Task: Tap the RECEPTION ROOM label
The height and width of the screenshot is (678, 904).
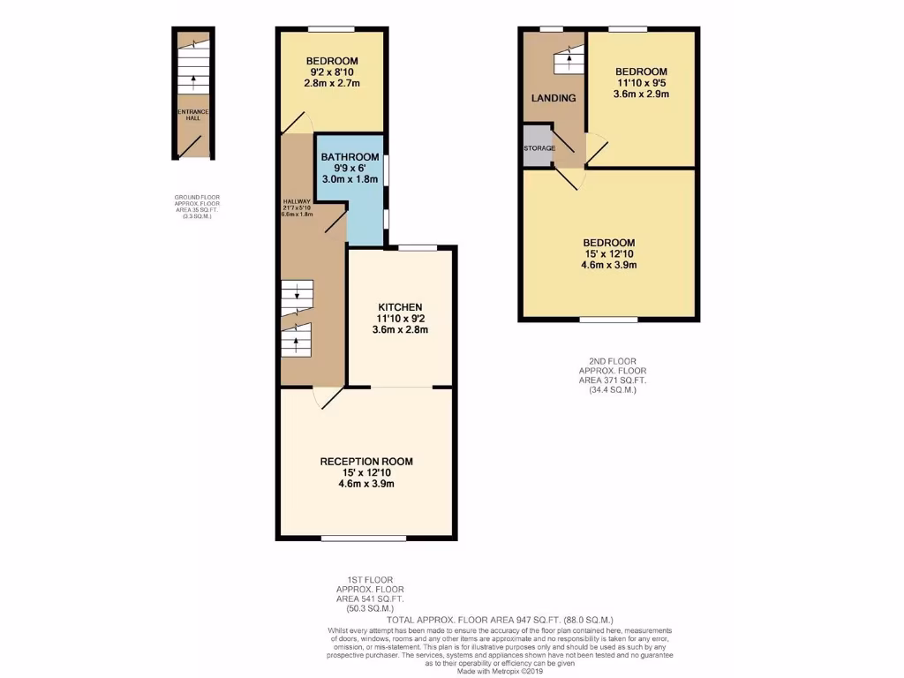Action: coord(365,461)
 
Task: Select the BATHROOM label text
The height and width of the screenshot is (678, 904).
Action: coord(350,156)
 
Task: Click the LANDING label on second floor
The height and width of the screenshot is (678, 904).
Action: coord(554,98)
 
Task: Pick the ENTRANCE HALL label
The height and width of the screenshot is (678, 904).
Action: coord(192,115)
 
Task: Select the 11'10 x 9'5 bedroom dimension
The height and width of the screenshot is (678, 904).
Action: coord(641,83)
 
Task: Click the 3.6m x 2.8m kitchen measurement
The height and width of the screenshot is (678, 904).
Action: coord(401,329)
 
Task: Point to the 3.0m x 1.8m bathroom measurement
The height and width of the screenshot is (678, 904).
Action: coord(350,179)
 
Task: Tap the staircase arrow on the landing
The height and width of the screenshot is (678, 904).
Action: coord(569,63)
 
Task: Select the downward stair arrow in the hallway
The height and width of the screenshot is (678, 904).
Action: coord(297,294)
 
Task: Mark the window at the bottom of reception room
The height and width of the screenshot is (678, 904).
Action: coord(364,537)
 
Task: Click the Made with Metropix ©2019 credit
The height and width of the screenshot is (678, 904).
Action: coord(500,671)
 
